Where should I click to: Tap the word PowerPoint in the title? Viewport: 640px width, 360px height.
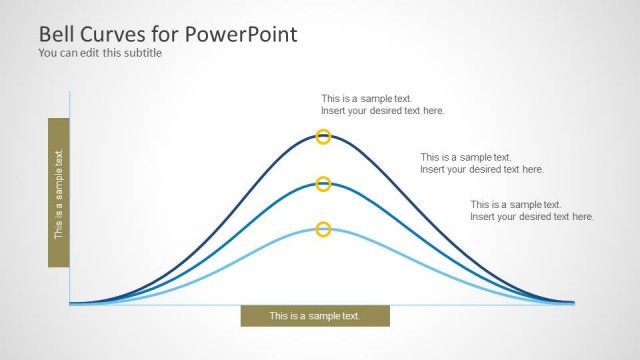(240, 35)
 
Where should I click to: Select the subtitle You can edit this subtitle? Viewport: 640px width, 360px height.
(100, 53)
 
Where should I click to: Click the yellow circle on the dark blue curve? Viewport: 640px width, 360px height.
(323, 137)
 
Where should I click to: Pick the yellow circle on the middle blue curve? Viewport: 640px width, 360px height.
(323, 184)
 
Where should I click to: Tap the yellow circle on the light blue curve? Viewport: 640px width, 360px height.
(323, 230)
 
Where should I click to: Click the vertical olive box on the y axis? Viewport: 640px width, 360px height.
(59, 193)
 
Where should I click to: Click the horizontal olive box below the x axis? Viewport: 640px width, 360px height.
(315, 316)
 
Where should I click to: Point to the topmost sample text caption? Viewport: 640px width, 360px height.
(382, 105)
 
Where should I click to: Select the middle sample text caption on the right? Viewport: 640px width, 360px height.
(481, 163)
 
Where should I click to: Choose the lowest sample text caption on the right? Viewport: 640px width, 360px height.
(531, 210)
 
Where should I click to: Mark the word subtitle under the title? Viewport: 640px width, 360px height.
(141, 53)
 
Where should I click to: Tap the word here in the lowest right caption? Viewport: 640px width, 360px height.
(581, 216)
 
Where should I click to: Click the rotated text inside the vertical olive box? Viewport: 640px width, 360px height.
(59, 194)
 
